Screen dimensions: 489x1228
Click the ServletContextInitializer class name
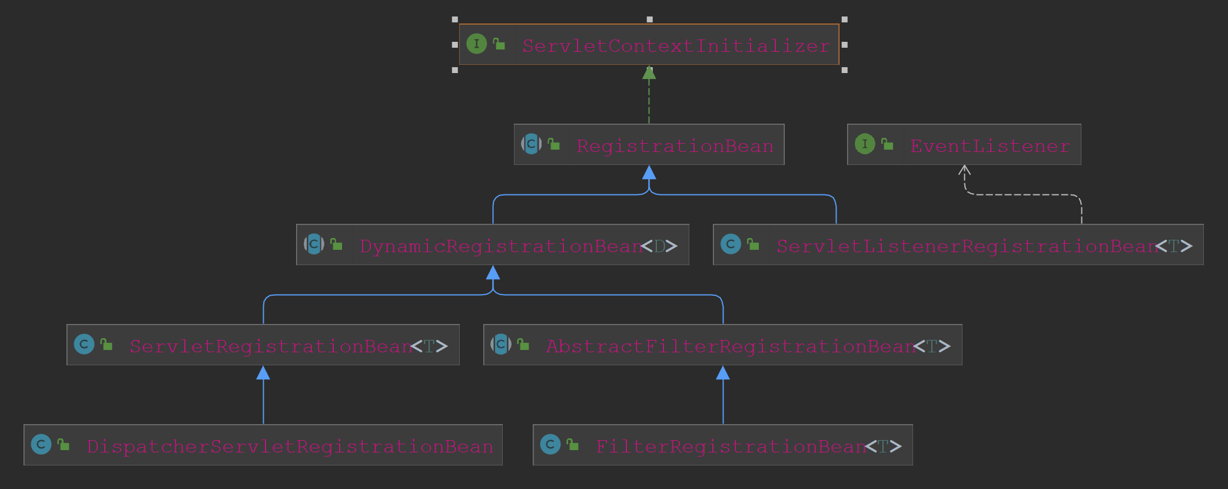coord(676,45)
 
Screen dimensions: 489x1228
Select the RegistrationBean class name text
coord(675,146)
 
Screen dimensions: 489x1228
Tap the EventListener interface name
coord(990,146)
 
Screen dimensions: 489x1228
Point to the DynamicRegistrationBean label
coord(500,246)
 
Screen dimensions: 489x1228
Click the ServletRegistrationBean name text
coord(271,346)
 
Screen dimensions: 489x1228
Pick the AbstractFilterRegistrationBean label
coord(731,346)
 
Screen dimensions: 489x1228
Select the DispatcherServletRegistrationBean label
coord(290,446)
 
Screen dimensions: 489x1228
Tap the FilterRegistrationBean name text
coord(731,446)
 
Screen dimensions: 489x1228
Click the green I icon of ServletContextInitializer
coord(476,44)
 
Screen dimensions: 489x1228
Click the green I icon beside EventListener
coord(864,144)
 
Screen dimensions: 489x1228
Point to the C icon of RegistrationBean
coord(531,144)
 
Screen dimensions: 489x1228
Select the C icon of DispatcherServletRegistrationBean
coord(41,444)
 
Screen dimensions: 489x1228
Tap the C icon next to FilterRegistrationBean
coord(550,444)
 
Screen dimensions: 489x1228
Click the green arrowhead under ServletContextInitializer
coord(649,73)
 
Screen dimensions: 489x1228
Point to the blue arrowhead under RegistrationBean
coord(649,173)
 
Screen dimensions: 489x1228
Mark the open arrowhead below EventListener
coord(964,171)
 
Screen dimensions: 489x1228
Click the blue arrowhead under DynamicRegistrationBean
coord(493,273)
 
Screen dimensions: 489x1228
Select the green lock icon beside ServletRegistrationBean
coord(107,344)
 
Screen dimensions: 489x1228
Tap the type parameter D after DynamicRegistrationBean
coord(659,246)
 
